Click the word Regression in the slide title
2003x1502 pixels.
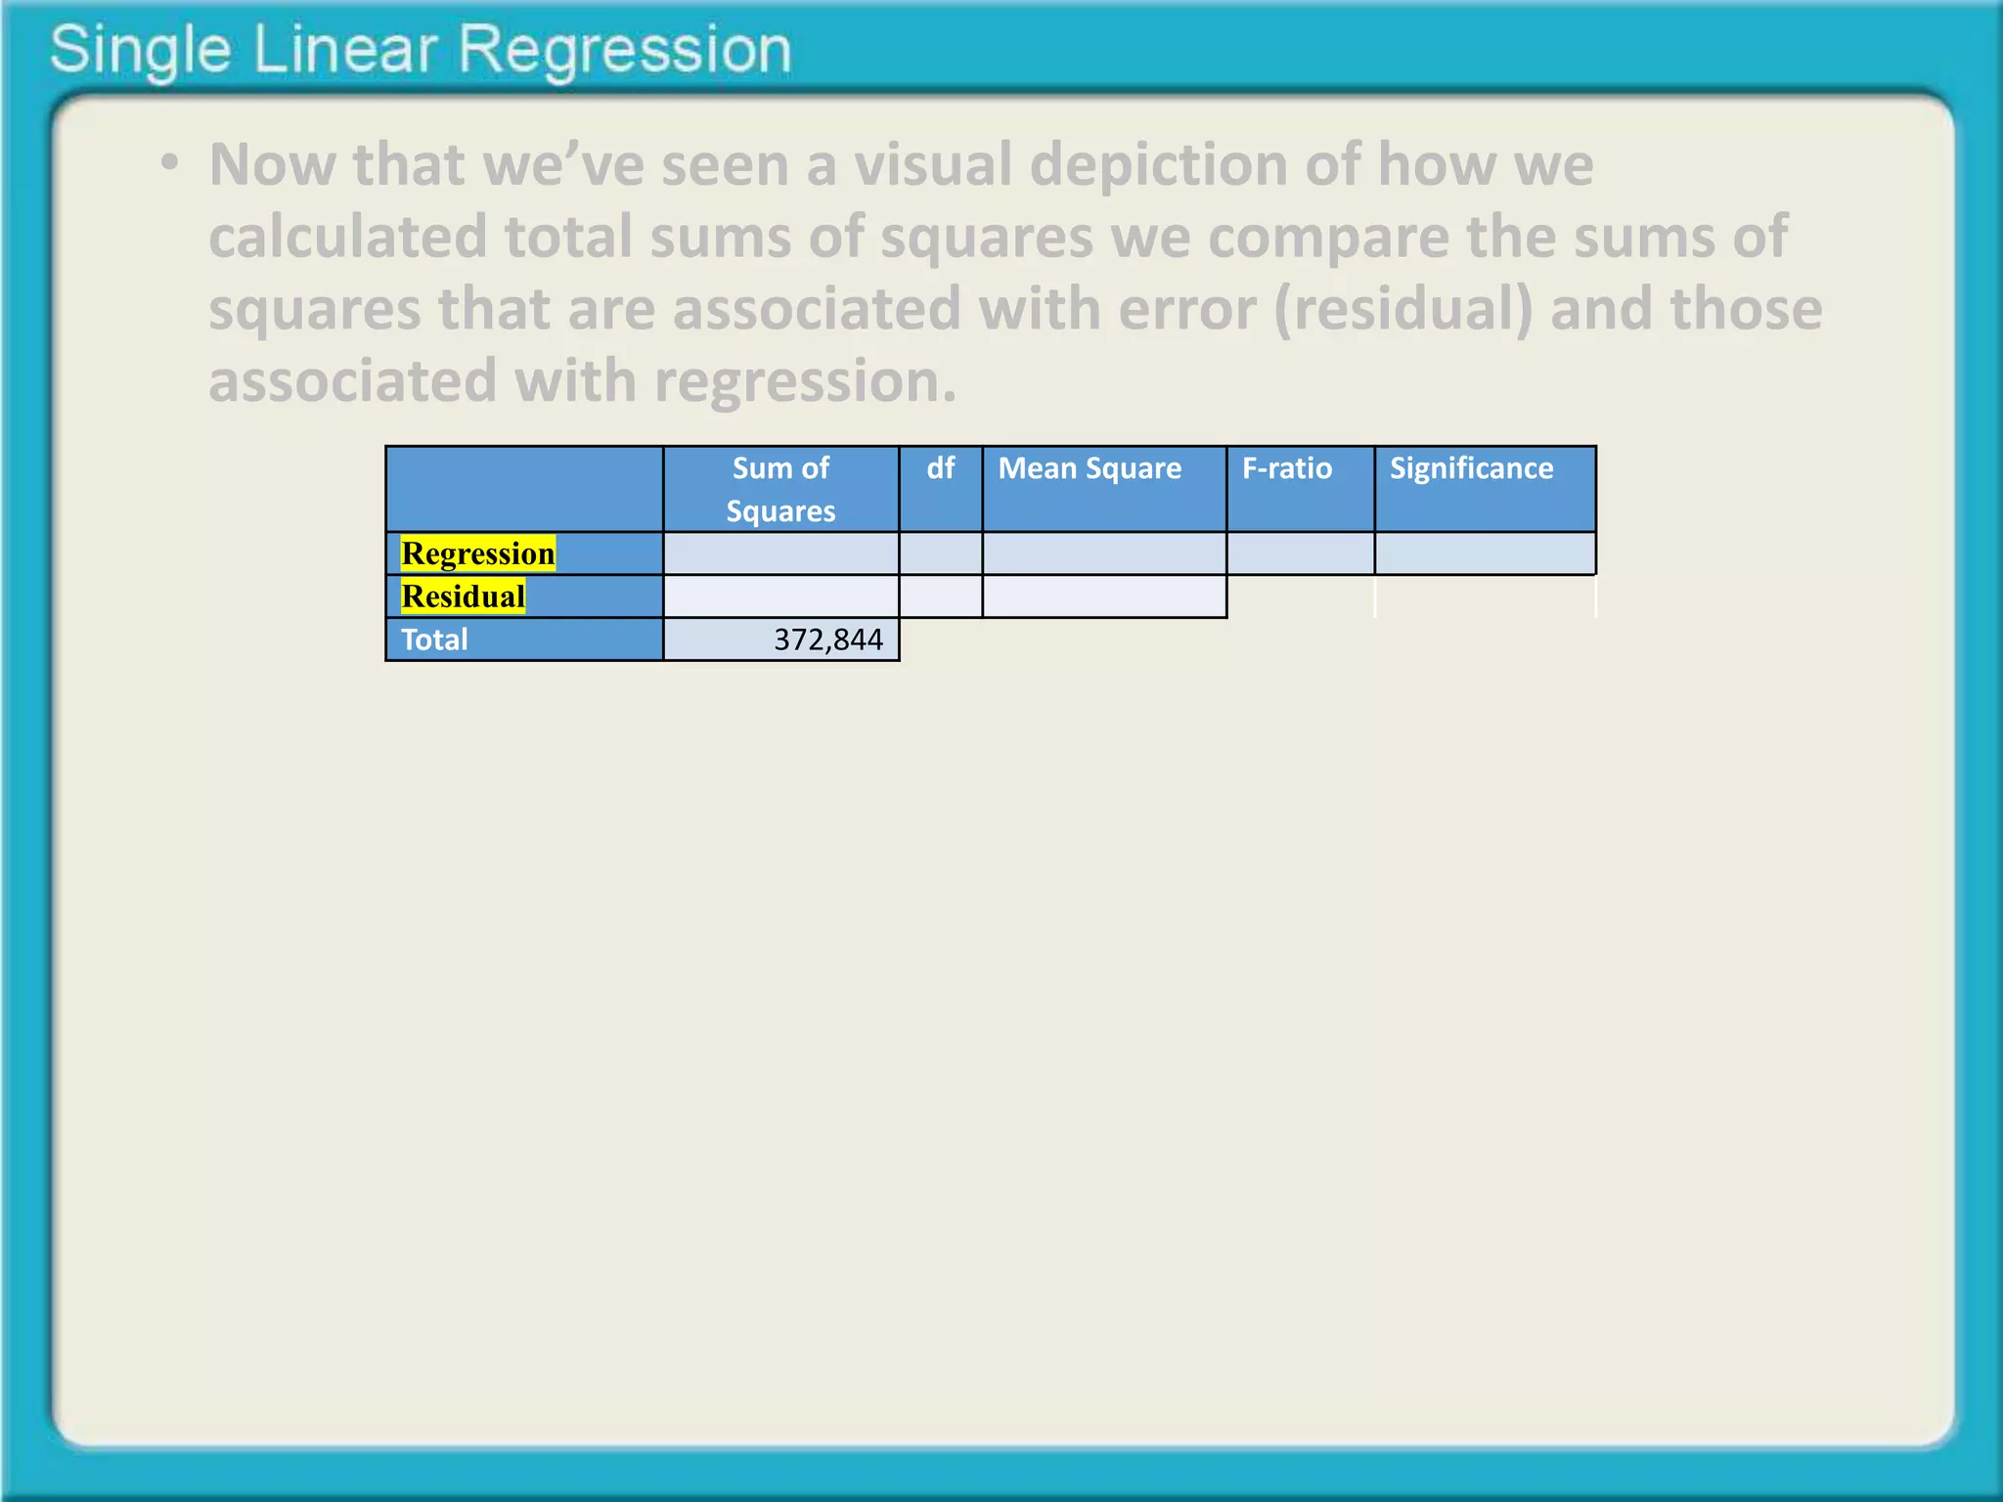click(624, 51)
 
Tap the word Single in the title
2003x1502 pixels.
click(140, 51)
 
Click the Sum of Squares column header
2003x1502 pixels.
click(780, 489)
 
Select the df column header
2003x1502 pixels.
click(940, 468)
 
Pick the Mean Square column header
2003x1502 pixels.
click(1090, 468)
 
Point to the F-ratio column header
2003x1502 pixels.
click(1286, 468)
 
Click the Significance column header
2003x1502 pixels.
click(1471, 468)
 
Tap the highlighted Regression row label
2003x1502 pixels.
click(478, 553)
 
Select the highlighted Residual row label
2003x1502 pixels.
click(463, 596)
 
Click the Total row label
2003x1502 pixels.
click(434, 640)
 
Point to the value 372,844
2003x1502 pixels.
click(827, 640)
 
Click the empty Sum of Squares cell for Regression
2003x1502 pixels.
click(780, 553)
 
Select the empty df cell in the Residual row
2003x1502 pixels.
click(940, 596)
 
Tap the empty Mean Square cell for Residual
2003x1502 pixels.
click(1104, 596)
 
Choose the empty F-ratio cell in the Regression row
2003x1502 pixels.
click(1300, 553)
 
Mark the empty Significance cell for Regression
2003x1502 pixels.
click(1485, 553)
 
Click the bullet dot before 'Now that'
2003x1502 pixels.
click(170, 163)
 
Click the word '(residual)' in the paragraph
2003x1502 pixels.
click(1403, 309)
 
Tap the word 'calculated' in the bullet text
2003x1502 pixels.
click(347, 237)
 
